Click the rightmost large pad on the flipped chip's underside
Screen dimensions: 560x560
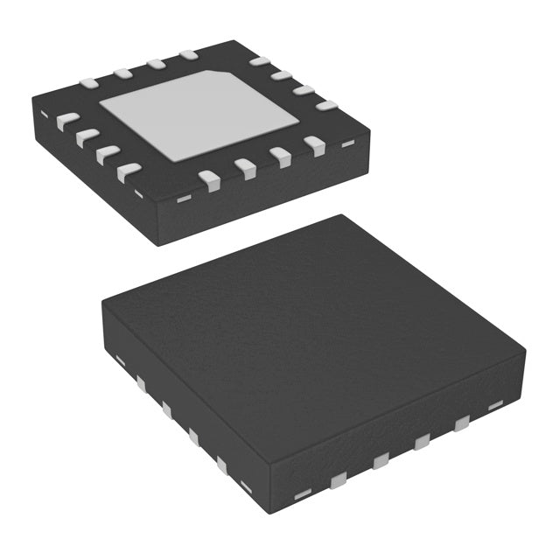pos(326,106)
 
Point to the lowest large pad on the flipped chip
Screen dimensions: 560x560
pos(209,179)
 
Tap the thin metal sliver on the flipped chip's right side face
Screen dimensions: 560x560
pos(347,143)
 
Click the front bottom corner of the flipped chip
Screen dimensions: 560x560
pos(157,243)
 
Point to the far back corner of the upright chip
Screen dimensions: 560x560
pos(341,215)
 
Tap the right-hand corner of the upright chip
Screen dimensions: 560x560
pos(525,350)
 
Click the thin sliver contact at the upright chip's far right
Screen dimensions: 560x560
pos(495,404)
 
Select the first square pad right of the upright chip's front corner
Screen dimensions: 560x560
pos(339,478)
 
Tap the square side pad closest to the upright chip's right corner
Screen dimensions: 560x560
pos(460,424)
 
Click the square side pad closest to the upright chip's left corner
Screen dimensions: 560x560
pos(140,381)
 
